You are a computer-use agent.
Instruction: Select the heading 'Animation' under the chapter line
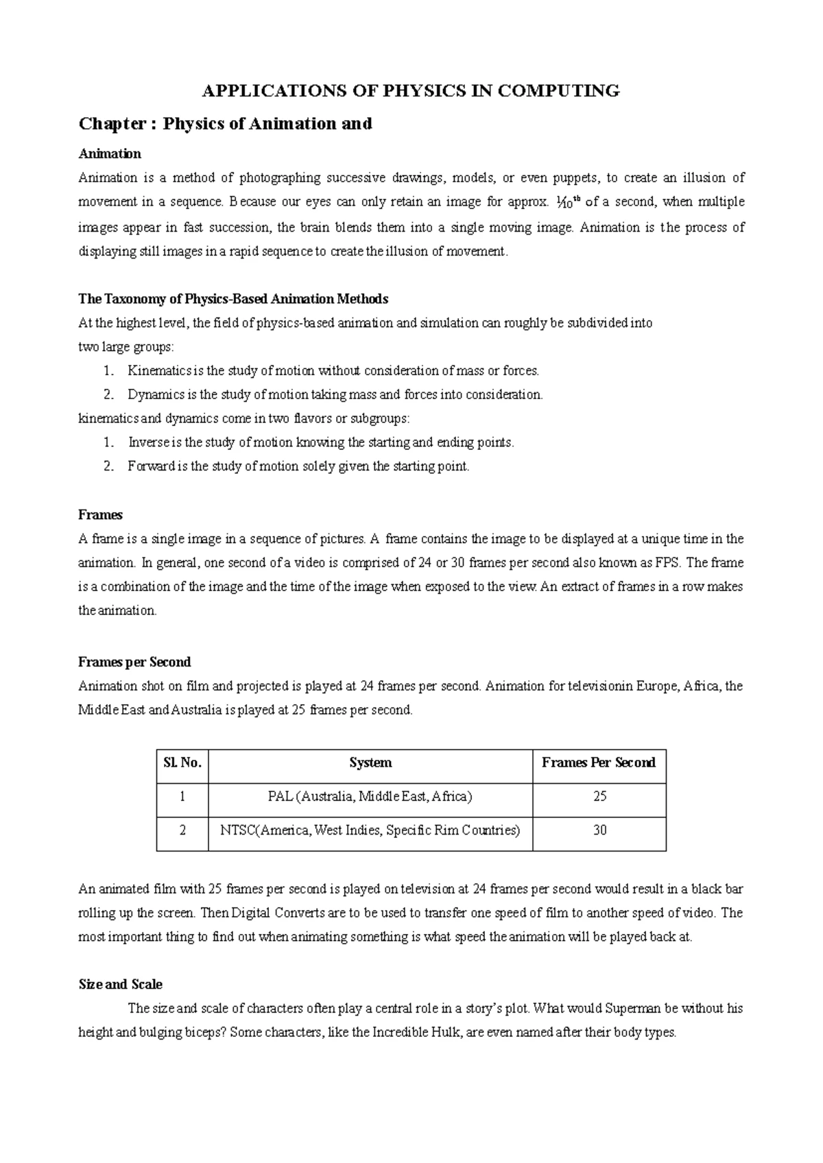pyautogui.click(x=110, y=154)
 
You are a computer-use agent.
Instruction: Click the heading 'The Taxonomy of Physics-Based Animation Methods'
pyautogui.click(x=233, y=299)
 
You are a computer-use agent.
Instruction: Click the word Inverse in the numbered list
pyautogui.click(x=147, y=443)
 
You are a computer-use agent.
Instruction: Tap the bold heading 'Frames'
pyautogui.click(x=100, y=515)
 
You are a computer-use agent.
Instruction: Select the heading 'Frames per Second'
pyautogui.click(x=134, y=662)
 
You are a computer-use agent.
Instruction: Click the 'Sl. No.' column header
pyautogui.click(x=182, y=763)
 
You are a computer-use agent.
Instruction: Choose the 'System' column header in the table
pyautogui.click(x=370, y=763)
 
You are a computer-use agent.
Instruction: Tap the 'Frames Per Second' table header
pyautogui.click(x=599, y=763)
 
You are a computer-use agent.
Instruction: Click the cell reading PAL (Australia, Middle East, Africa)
pyautogui.click(x=370, y=797)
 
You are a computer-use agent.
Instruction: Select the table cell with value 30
pyautogui.click(x=599, y=830)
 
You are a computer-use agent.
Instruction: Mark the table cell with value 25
pyautogui.click(x=599, y=797)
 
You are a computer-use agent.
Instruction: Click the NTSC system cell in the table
pyautogui.click(x=370, y=830)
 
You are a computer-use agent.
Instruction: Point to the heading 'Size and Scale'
pyautogui.click(x=121, y=985)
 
